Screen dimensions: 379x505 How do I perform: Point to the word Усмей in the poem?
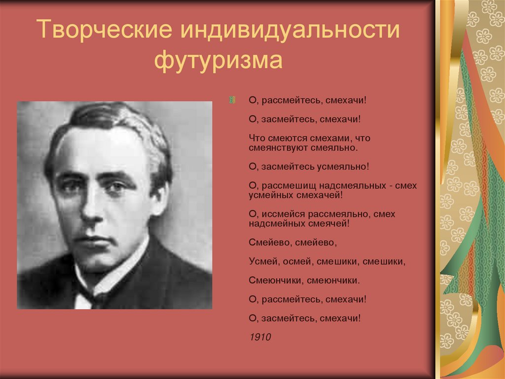(261, 261)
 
